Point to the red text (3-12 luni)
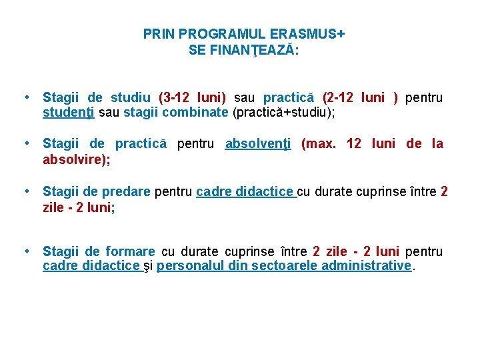[193, 98]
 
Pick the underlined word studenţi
[69, 112]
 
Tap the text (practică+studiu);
[283, 112]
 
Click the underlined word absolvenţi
[259, 143]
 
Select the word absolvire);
[77, 160]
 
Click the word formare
[129, 251]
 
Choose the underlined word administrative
[366, 265]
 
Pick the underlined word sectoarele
[285, 265]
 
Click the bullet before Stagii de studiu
[25, 98]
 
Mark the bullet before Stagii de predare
[25, 192]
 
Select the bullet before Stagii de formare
[25, 251]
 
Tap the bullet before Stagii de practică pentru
[25, 143]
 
